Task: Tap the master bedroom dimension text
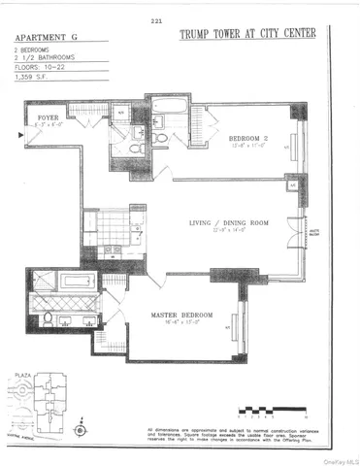pyautogui.click(x=181, y=324)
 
